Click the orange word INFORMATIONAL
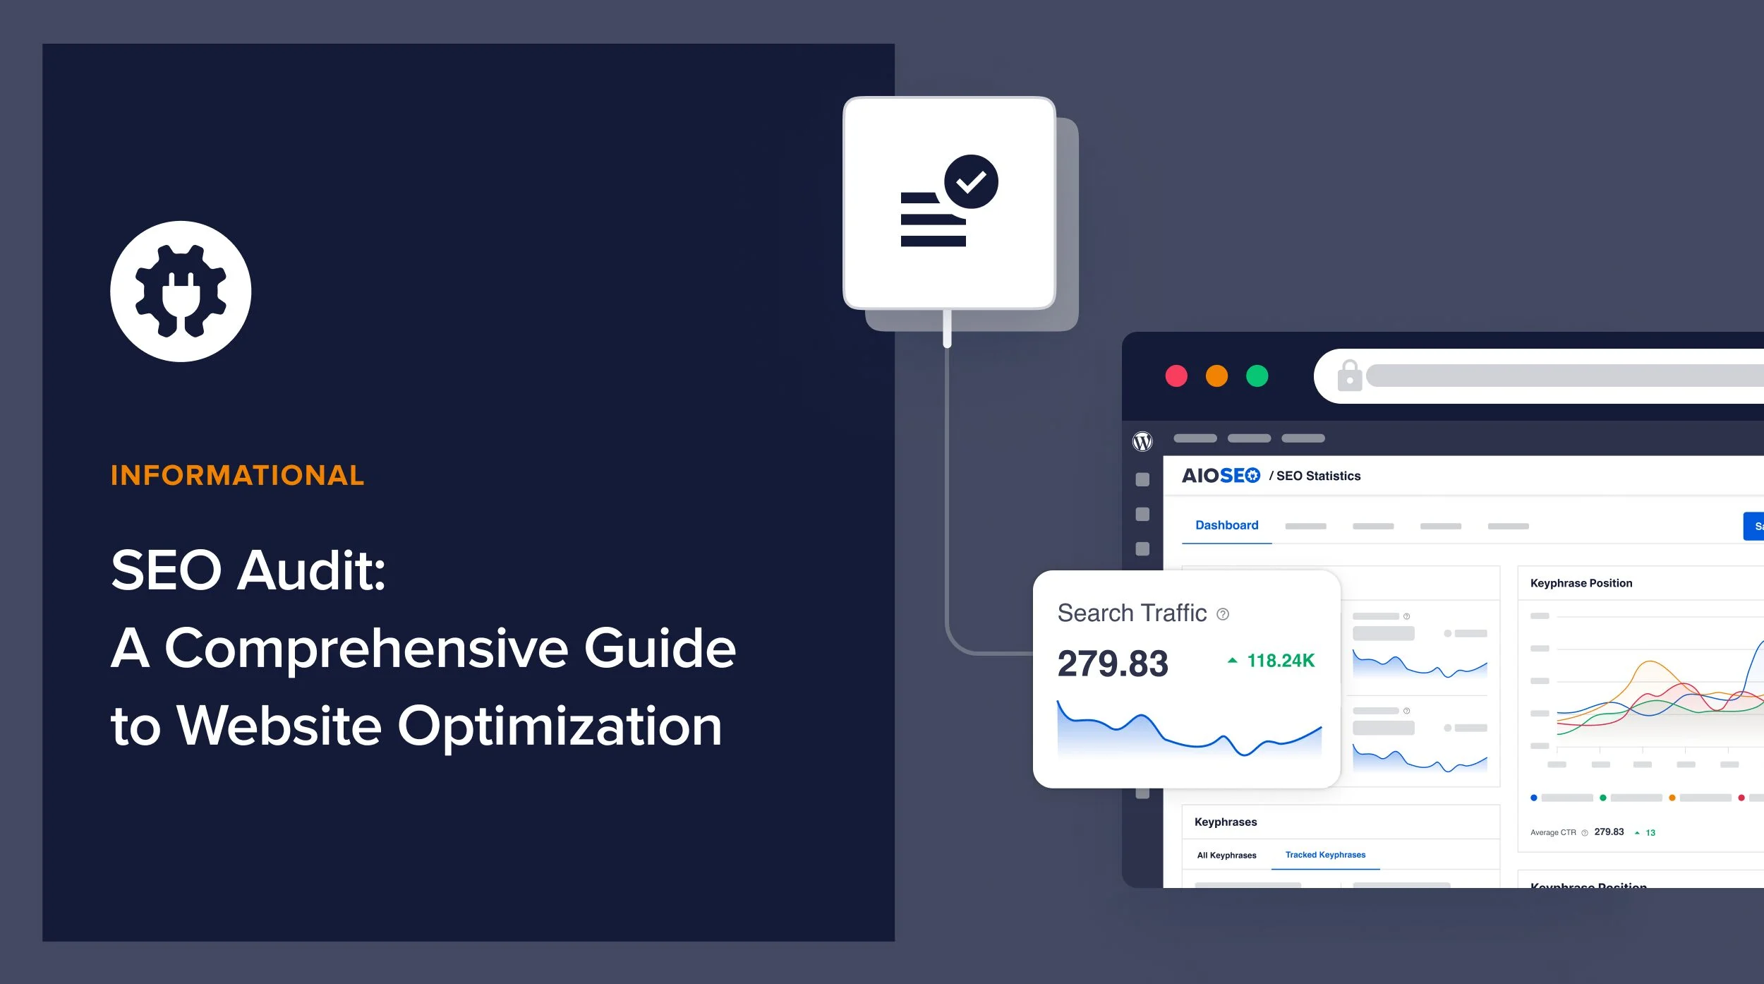(x=237, y=476)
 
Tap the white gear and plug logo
(x=181, y=292)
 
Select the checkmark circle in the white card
(x=971, y=181)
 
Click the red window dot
(x=1176, y=376)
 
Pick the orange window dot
(x=1216, y=376)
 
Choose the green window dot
(x=1257, y=376)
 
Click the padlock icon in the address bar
(x=1349, y=376)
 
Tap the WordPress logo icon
(x=1142, y=441)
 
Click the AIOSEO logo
(x=1221, y=476)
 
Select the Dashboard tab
(x=1226, y=525)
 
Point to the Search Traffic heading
(x=1132, y=613)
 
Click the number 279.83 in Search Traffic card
(x=1112, y=664)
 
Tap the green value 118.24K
(x=1280, y=661)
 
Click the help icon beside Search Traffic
(x=1223, y=614)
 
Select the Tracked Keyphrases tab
(x=1325, y=855)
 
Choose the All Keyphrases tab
(x=1226, y=856)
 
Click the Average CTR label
(x=1553, y=833)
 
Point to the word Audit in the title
(x=311, y=570)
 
